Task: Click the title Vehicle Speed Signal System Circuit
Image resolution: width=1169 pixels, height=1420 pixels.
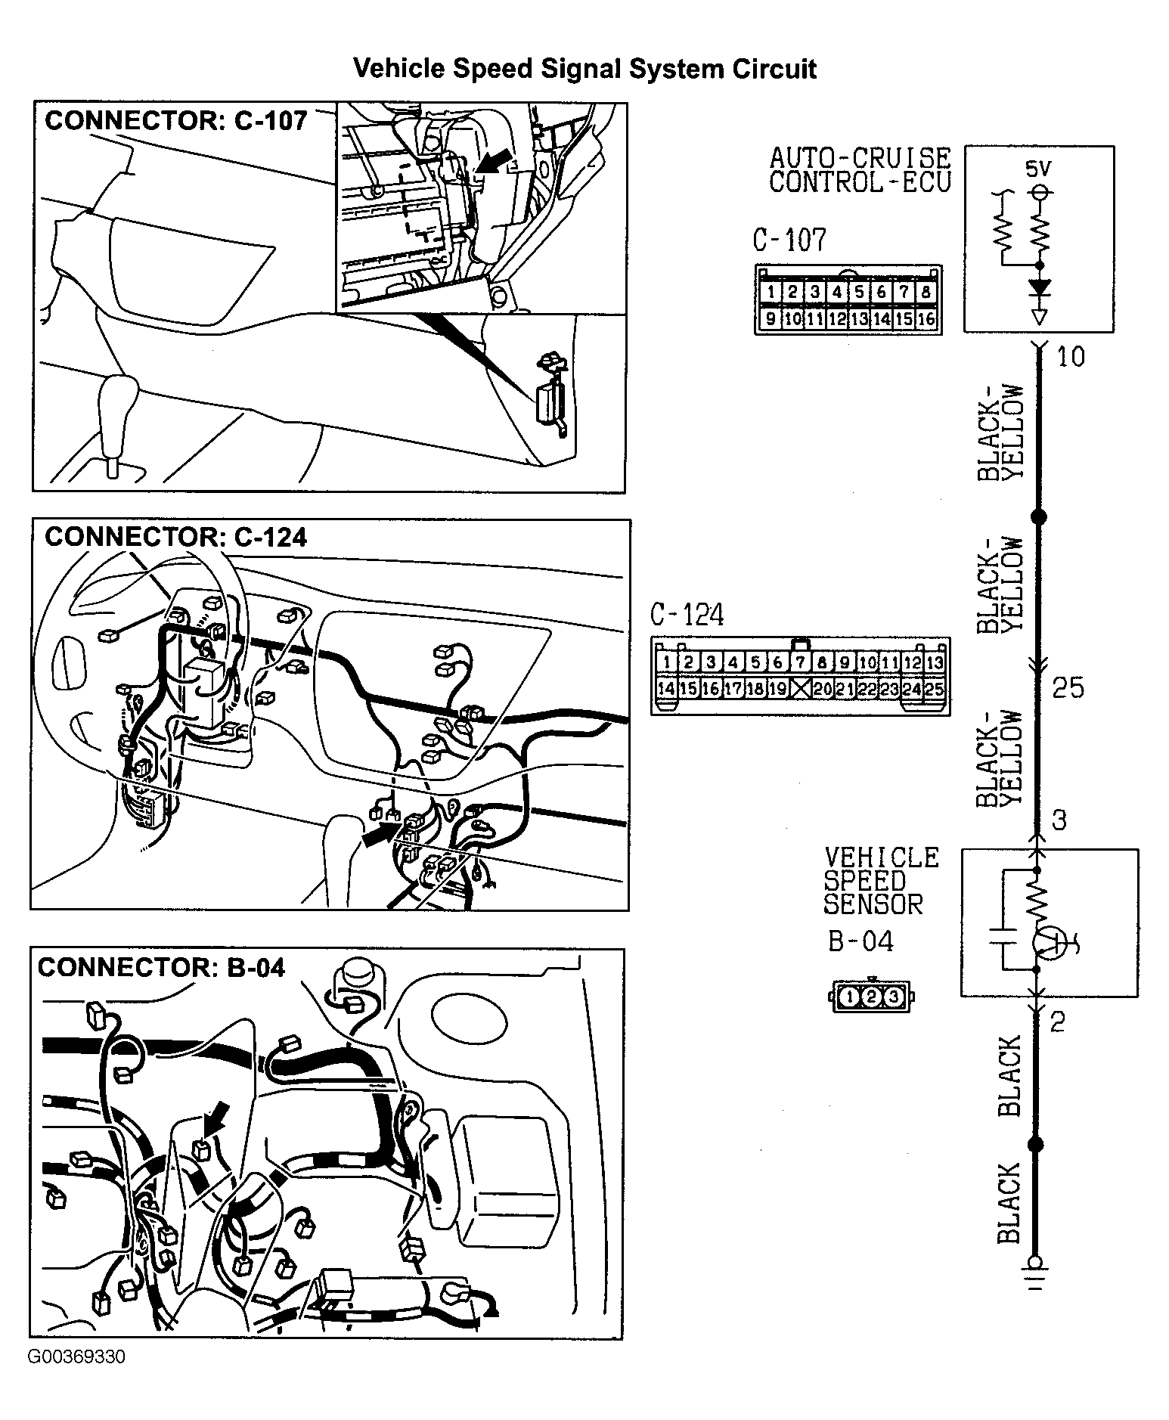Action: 584,69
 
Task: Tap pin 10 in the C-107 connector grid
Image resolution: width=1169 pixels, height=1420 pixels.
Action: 792,319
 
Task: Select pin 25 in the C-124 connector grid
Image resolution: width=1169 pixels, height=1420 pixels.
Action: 934,689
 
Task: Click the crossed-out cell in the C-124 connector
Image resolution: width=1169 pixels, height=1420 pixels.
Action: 800,689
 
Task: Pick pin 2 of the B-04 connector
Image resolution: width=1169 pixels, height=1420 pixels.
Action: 871,997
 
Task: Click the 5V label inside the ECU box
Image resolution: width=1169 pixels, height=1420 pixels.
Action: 1039,169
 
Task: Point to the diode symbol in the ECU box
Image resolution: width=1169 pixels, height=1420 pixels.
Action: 1040,288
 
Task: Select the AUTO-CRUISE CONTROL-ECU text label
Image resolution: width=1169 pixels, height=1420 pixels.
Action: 860,170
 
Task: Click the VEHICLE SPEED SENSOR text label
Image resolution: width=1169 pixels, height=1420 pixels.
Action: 880,881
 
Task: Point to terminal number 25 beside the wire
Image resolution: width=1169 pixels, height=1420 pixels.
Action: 1068,688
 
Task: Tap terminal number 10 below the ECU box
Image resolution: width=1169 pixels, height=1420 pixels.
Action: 1069,357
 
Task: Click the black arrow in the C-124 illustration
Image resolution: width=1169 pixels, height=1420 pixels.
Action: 381,835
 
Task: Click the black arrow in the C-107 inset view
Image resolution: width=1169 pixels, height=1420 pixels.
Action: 496,160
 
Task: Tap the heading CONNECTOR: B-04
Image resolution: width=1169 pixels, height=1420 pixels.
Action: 161,968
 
